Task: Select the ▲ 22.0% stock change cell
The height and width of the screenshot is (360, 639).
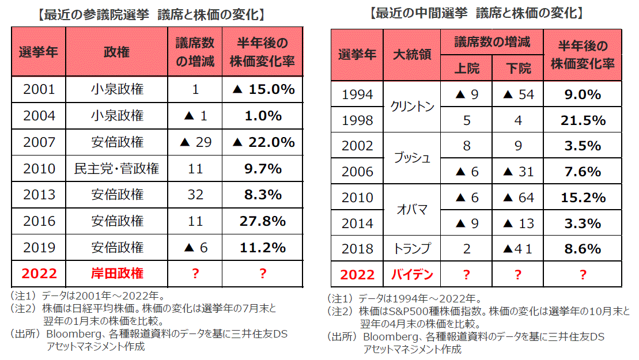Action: tap(262, 142)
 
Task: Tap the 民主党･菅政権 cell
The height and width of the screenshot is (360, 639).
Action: tap(117, 169)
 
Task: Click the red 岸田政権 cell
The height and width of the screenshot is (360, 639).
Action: tap(117, 273)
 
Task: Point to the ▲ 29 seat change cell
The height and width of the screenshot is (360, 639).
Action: tap(195, 142)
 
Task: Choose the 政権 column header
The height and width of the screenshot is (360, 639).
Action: tap(117, 52)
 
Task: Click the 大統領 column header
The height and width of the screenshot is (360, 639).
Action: tap(412, 55)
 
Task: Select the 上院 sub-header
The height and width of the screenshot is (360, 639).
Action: tap(467, 69)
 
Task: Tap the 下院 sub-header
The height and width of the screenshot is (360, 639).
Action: tap(519, 69)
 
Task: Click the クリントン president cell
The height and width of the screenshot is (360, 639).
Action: tap(412, 107)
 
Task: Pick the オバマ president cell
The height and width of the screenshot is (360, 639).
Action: tap(412, 210)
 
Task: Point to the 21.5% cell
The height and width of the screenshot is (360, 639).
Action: tap(583, 120)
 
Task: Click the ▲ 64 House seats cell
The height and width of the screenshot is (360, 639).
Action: tap(519, 198)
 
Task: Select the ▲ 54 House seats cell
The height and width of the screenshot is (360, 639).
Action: tap(519, 94)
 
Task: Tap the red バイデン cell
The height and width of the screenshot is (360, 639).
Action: tap(412, 275)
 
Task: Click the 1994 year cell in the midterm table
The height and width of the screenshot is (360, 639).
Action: tap(357, 94)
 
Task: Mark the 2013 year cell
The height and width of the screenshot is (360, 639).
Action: tap(39, 195)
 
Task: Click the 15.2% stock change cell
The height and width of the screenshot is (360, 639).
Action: tap(583, 198)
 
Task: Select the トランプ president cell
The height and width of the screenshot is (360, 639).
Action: tap(412, 249)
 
